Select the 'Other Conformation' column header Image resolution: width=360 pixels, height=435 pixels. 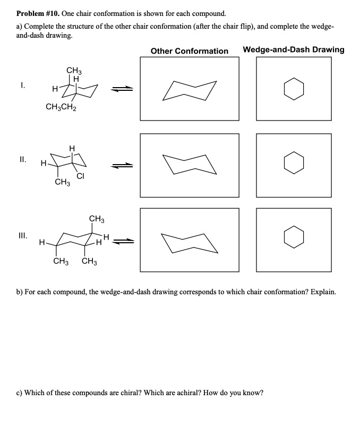[189, 51]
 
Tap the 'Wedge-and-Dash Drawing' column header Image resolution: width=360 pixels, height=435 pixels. [293, 50]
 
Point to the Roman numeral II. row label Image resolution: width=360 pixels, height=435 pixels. [23, 158]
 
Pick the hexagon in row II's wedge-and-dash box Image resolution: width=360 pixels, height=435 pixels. [294, 163]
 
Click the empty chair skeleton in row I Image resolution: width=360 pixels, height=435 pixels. [190, 90]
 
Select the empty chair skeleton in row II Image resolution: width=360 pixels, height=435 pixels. [190, 164]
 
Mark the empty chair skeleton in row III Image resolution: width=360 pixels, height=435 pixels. [190, 242]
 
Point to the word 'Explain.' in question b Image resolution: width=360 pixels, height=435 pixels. [321, 292]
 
